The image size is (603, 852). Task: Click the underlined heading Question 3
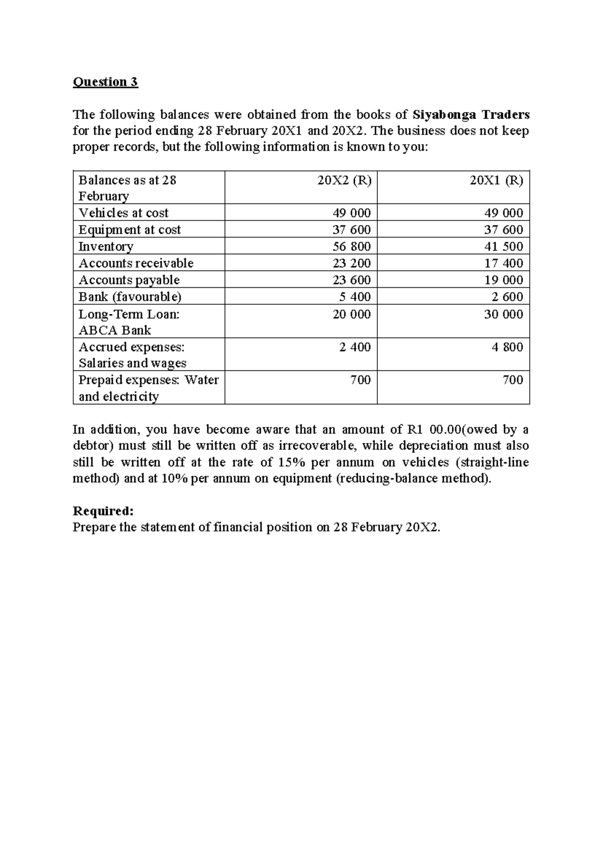pos(105,82)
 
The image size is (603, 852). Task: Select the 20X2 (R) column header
pos(344,180)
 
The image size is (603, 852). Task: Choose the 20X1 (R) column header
pos(496,180)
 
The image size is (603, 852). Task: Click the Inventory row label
pos(106,246)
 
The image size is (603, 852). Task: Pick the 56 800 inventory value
pos(351,246)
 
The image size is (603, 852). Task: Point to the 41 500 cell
pos(504,246)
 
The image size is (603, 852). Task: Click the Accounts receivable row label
pos(136,263)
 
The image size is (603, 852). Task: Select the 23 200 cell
pos(351,263)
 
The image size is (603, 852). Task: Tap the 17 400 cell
pos(504,263)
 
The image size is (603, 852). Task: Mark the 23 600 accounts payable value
pos(351,280)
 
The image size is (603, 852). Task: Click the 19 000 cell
pos(504,280)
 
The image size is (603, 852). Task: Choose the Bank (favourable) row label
pos(130,296)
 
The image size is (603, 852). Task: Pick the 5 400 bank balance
pos(354,296)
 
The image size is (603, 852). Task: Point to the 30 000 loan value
pos(504,314)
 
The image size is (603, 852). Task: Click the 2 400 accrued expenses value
pos(354,347)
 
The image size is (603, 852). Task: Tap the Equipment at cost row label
pos(129,230)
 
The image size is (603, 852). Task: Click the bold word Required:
pos(103,511)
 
